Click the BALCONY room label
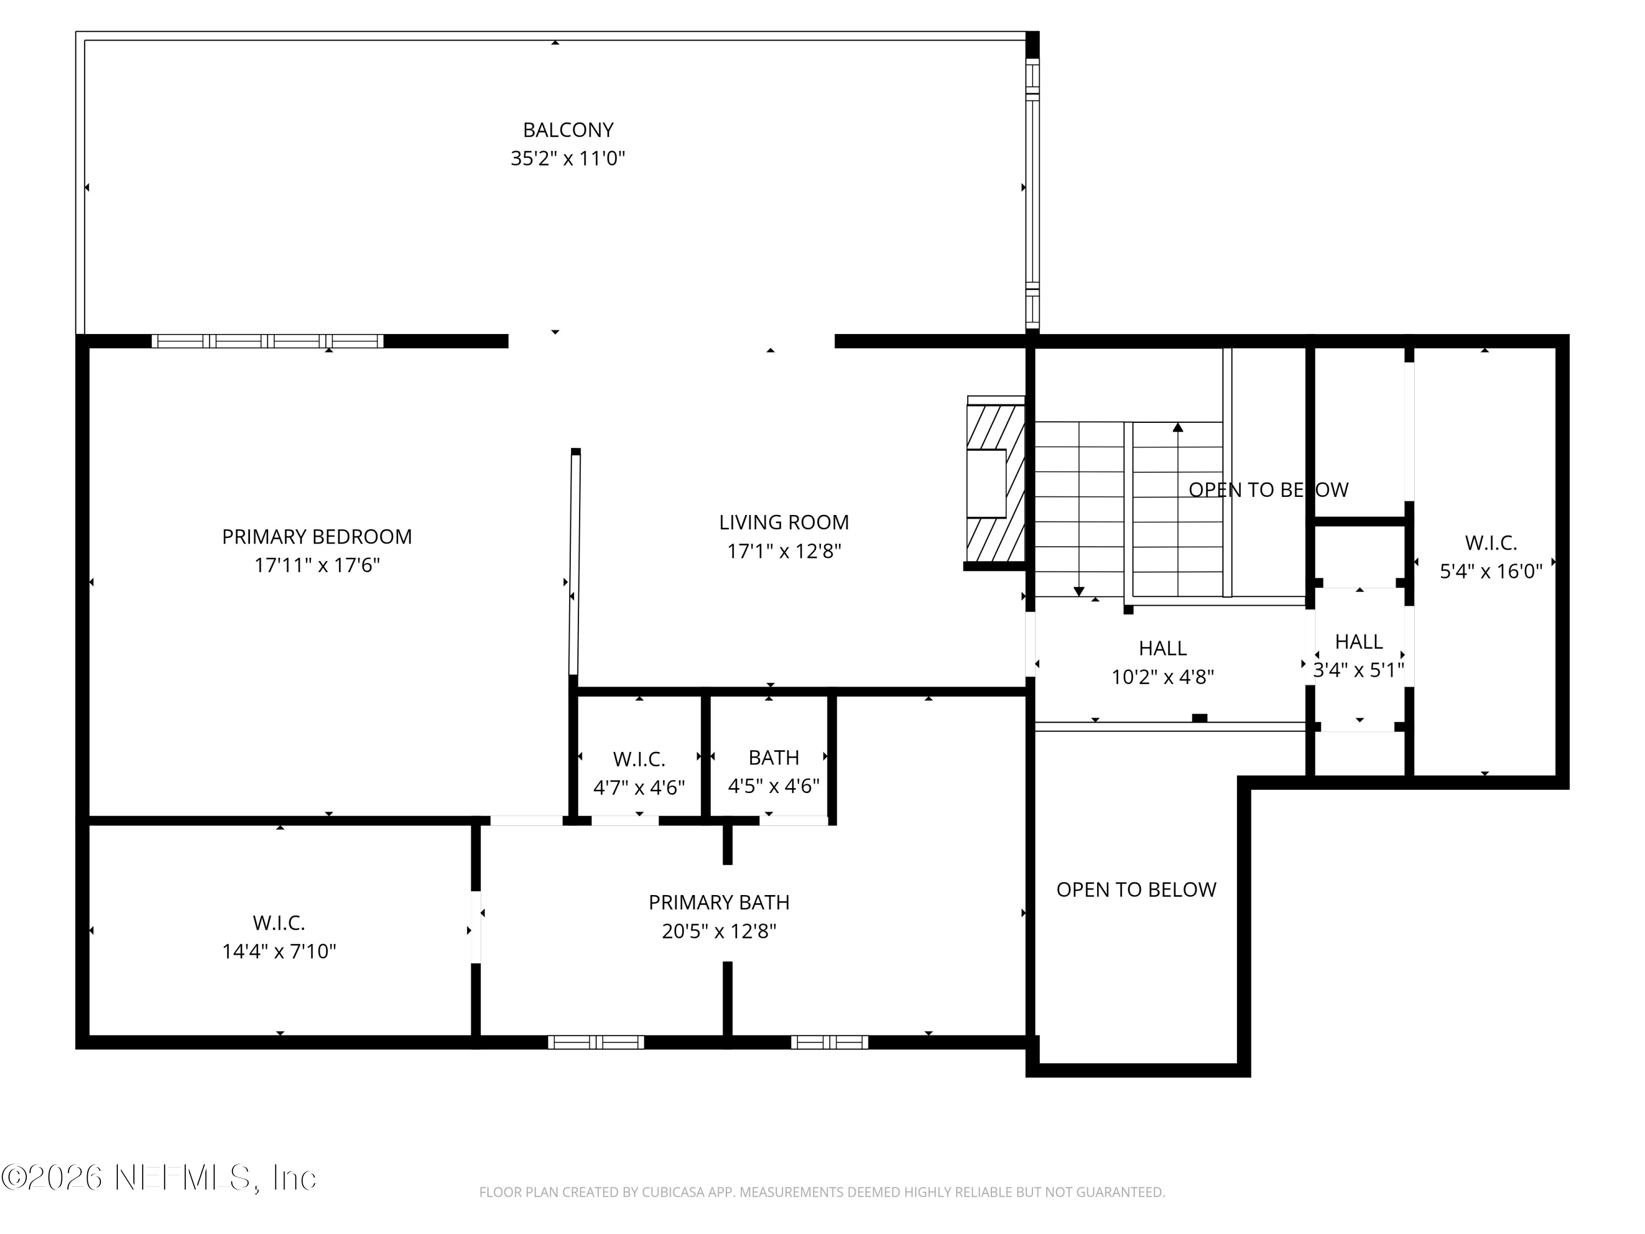568,130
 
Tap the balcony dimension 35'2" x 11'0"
568,159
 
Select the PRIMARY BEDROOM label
317,536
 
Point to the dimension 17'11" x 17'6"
317,565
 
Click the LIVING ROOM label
784,522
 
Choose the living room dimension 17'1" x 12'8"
784,551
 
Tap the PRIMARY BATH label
719,902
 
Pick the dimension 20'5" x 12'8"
719,931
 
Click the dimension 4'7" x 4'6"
639,788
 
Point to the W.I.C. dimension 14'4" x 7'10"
279,952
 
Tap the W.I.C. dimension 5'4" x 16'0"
1491,571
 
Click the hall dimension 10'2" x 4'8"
1162,677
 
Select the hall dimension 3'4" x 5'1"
1359,670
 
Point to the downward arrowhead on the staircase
1079,591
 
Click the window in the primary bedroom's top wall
268,342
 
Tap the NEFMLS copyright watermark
158,1178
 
